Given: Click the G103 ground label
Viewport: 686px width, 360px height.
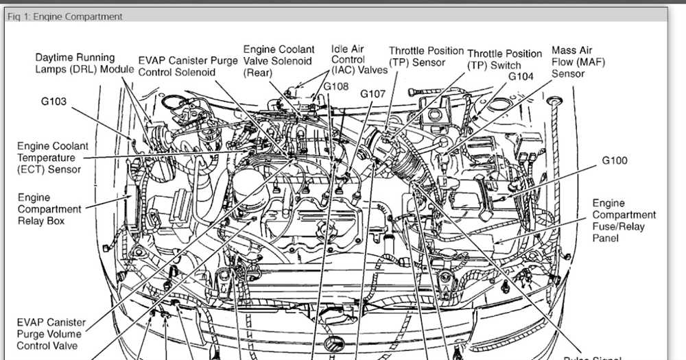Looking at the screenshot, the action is coord(54,101).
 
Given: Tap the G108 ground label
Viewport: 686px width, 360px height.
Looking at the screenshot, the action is coord(336,86).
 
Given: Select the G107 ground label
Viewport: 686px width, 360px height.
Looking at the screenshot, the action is coord(372,94).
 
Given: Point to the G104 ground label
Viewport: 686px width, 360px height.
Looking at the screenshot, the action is coord(521,77).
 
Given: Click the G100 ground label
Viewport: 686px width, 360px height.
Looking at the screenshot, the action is coord(615,160).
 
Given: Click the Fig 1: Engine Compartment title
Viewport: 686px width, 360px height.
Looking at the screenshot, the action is coord(64,16).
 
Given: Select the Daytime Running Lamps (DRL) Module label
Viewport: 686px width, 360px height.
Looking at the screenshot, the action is coord(84,63).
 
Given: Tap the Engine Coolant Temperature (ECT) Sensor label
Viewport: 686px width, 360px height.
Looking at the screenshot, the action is coord(53,158).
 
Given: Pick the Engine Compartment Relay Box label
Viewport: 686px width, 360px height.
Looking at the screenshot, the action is coord(49,209).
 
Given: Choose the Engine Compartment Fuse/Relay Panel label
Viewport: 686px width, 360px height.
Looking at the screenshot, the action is coord(624,221).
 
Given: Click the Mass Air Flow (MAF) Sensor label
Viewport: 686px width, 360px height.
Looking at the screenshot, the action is coord(578,62).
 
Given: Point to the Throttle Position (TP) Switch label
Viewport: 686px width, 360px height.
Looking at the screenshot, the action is coord(504,60).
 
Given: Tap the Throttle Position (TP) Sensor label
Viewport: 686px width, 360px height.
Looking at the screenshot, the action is coord(426,57).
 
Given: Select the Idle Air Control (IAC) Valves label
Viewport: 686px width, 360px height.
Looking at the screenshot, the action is coord(359,60).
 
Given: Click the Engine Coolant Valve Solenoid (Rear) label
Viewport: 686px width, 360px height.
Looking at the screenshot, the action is coord(279,61).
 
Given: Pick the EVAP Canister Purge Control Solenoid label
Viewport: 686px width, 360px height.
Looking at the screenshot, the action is coord(188,67).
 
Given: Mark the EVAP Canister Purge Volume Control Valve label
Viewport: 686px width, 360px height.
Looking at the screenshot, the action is coord(51,334).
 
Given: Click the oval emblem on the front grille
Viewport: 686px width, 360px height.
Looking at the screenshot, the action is coord(334,344).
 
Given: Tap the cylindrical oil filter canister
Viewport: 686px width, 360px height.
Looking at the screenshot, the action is coord(250,189).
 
